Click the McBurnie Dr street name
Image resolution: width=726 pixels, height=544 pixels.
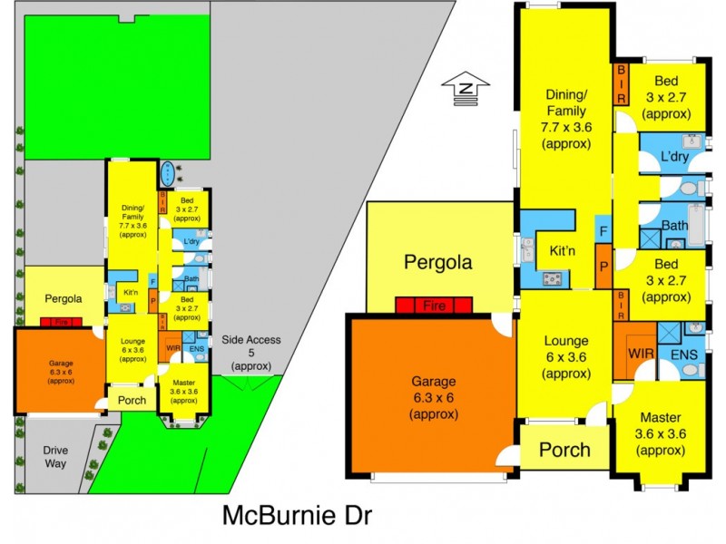(x=297, y=516)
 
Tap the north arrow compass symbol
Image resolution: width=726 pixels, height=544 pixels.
(x=466, y=87)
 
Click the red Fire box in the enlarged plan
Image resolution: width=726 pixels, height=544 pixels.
(x=435, y=306)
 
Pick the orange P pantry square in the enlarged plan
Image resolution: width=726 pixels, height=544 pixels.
(x=602, y=269)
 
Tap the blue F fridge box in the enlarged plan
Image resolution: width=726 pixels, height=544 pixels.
(x=602, y=230)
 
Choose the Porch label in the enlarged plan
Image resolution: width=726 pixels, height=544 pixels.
(x=564, y=449)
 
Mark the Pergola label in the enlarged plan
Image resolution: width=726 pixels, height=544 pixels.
(x=437, y=263)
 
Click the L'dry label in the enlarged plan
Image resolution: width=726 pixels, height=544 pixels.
(x=675, y=155)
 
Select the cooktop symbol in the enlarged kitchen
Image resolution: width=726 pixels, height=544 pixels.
(x=551, y=278)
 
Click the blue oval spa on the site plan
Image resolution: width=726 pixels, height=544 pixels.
(x=169, y=171)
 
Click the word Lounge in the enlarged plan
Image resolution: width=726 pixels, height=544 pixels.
(x=565, y=342)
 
